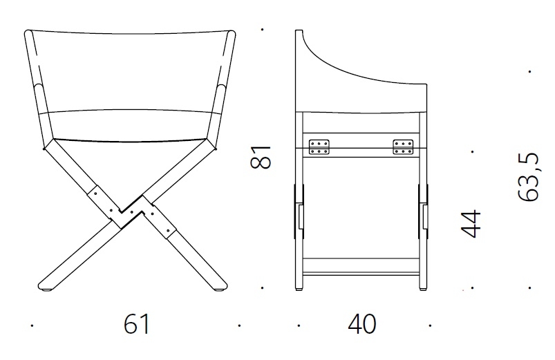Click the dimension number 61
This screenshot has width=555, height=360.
click(137, 324)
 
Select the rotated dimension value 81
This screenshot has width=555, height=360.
click(260, 158)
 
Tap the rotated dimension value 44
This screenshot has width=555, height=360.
click(471, 223)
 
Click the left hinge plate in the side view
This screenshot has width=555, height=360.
click(319, 146)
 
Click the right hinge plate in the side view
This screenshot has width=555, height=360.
click(403, 146)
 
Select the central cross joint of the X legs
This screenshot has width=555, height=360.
click(132, 211)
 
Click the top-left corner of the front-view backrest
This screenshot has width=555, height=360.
click(28, 32)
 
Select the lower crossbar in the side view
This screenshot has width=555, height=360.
click(361, 266)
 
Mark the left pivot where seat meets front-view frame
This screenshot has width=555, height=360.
click(46, 147)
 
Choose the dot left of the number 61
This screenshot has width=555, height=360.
click(32, 324)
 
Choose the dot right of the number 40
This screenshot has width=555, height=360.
click(430, 324)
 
